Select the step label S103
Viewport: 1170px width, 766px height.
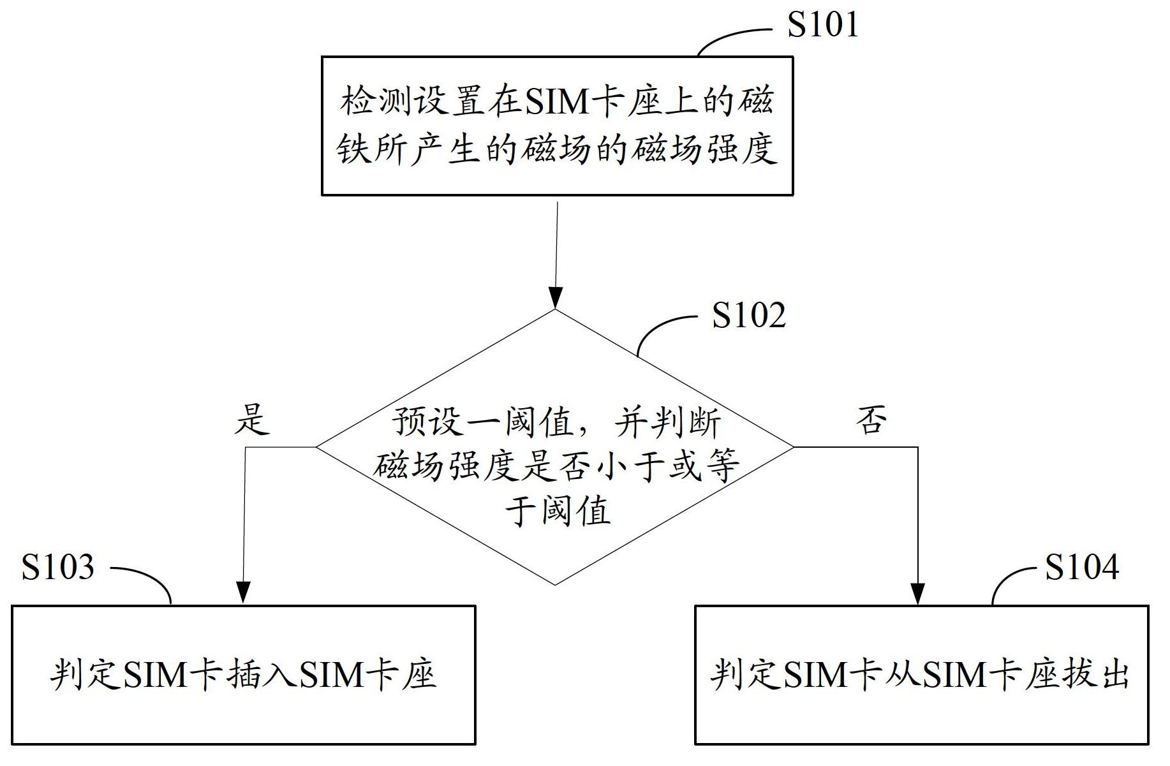(57, 567)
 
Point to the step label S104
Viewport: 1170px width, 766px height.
(1082, 566)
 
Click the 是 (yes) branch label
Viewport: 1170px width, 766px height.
(252, 419)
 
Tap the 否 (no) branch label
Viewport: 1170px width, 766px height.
(871, 419)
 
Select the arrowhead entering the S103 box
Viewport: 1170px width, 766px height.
(243, 593)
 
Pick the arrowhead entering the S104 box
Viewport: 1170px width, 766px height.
(917, 593)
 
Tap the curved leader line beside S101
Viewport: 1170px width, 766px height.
(734, 38)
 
